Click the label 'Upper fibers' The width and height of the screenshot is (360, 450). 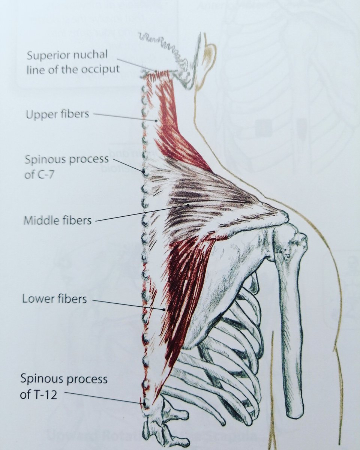57,114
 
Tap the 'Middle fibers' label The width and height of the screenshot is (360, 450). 58,220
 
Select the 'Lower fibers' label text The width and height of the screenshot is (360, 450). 55,299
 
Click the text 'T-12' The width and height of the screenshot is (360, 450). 43,394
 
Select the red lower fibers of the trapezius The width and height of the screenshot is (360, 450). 180,285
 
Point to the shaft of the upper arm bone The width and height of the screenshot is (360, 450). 291,337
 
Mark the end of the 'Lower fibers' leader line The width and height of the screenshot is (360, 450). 165,310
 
